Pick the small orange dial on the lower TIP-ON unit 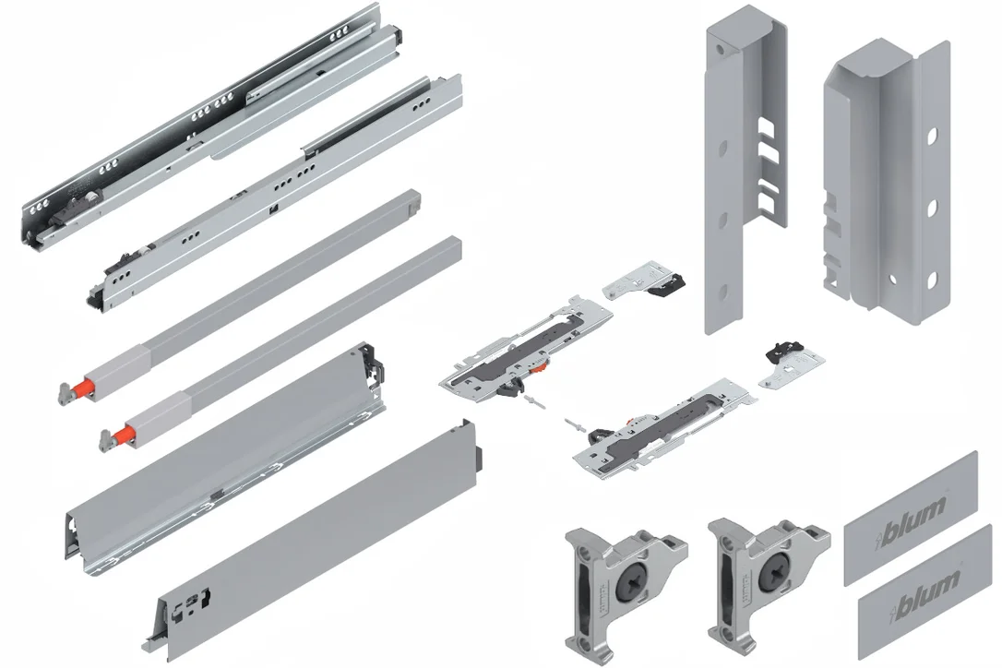pyautogui.click(x=632, y=422)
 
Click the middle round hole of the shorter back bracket pyautogui.click(x=932, y=208)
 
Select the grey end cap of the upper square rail pyautogui.click(x=414, y=203)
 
